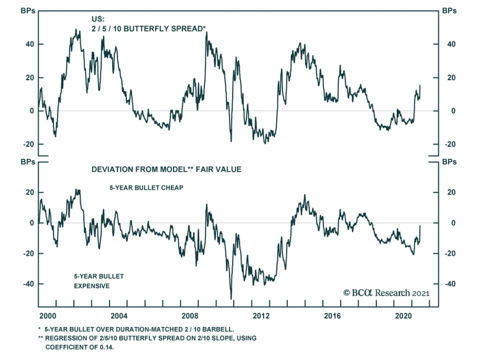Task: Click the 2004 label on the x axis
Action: point(119,316)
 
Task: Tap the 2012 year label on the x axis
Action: point(261,316)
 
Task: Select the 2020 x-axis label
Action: point(403,316)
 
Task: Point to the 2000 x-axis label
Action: point(48,316)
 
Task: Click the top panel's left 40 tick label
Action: point(30,44)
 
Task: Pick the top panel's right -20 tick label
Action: point(450,144)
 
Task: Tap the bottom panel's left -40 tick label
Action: point(29,284)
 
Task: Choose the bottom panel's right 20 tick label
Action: point(451,192)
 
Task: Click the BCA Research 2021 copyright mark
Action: point(386,293)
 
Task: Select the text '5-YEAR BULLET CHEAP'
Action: point(146,188)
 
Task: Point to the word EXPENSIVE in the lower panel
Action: point(92,286)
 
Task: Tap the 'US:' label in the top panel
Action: point(98,19)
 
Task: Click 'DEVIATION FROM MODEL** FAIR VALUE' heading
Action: point(166,169)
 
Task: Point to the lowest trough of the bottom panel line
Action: point(231,298)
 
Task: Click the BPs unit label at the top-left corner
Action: point(28,11)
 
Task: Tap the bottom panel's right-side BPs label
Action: point(449,162)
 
